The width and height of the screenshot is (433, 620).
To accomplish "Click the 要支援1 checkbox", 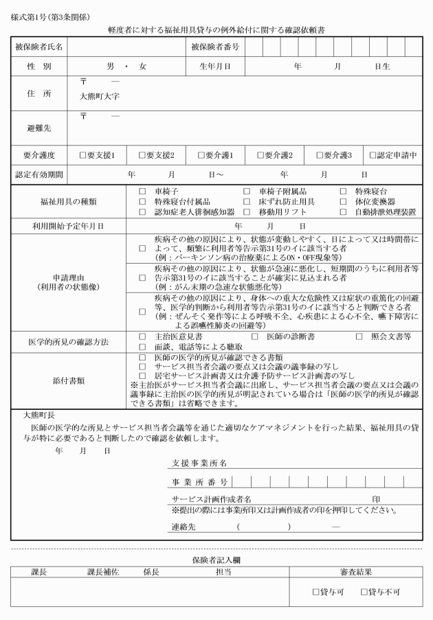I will (x=82, y=156).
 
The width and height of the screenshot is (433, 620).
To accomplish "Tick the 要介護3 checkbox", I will (x=319, y=156).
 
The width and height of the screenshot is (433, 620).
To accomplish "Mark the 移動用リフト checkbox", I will (x=246, y=213).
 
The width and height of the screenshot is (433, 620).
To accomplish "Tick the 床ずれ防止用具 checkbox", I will (x=246, y=203).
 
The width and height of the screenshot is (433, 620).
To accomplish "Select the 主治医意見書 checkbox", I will (x=142, y=336).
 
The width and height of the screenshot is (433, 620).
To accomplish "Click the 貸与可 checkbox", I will (x=315, y=591).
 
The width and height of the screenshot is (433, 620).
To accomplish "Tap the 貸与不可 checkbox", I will (x=363, y=591).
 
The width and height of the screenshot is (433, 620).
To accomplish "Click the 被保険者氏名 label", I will (x=38, y=47).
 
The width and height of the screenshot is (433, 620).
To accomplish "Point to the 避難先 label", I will (x=38, y=128).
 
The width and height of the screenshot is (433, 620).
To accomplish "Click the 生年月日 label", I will (x=214, y=67).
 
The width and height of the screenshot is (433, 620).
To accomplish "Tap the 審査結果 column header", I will (x=356, y=571).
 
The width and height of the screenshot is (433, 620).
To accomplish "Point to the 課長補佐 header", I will (x=103, y=571).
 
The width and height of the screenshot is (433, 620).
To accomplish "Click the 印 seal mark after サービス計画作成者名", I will (x=377, y=498).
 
